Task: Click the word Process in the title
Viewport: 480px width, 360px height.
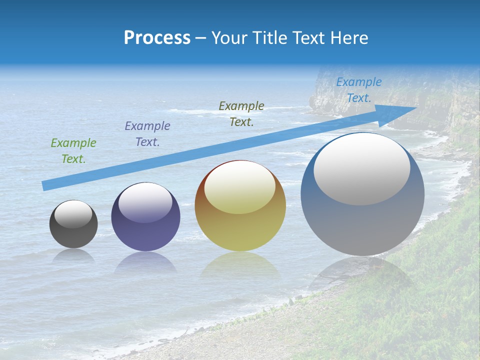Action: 157,38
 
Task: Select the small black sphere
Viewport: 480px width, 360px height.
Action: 73,232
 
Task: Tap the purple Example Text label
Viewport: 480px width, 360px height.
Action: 147,134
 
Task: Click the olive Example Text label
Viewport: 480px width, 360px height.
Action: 241,114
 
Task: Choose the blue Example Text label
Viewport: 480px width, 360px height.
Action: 359,90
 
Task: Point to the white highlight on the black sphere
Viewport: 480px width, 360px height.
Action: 73,214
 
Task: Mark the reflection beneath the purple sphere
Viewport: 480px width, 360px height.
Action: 145,262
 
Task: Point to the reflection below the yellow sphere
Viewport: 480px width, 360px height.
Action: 240,265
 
